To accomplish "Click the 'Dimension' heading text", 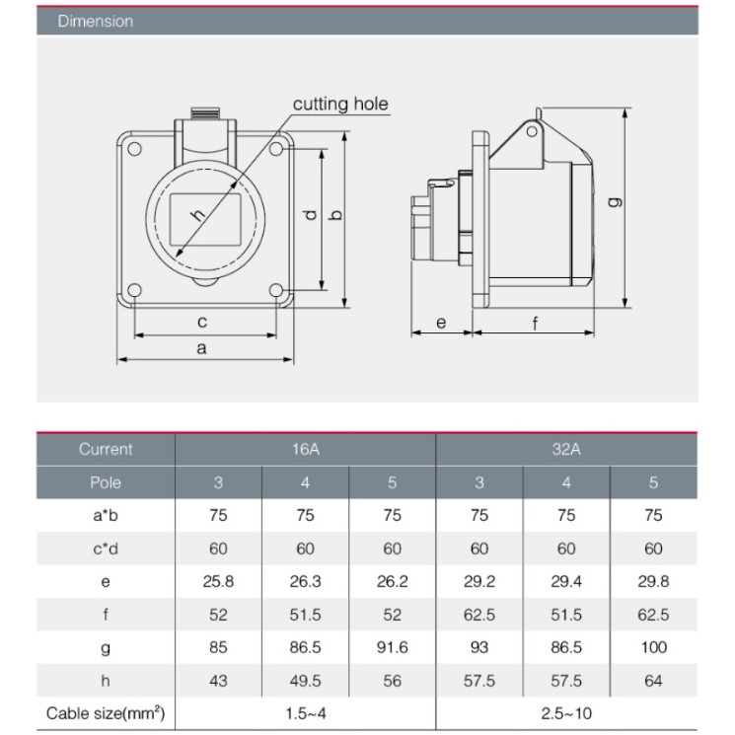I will [96, 21].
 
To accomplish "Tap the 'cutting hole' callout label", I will [340, 104].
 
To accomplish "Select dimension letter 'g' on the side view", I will [615, 202].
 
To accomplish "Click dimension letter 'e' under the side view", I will [440, 323].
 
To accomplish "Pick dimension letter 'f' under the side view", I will [536, 323].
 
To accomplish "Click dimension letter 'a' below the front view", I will [202, 347].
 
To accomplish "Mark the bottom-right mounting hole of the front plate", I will [278, 291].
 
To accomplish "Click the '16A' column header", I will [305, 450].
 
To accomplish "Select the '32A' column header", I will [565, 450].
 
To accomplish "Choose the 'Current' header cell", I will [106, 450].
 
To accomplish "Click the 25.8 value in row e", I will [218, 581].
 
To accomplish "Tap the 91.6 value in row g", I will [392, 647].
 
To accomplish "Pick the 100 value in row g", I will [653, 647].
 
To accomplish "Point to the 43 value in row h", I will [218, 681].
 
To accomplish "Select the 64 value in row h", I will [653, 681].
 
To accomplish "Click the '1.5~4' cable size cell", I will [305, 713].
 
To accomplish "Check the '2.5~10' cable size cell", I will [565, 713].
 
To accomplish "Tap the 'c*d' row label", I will [106, 549].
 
